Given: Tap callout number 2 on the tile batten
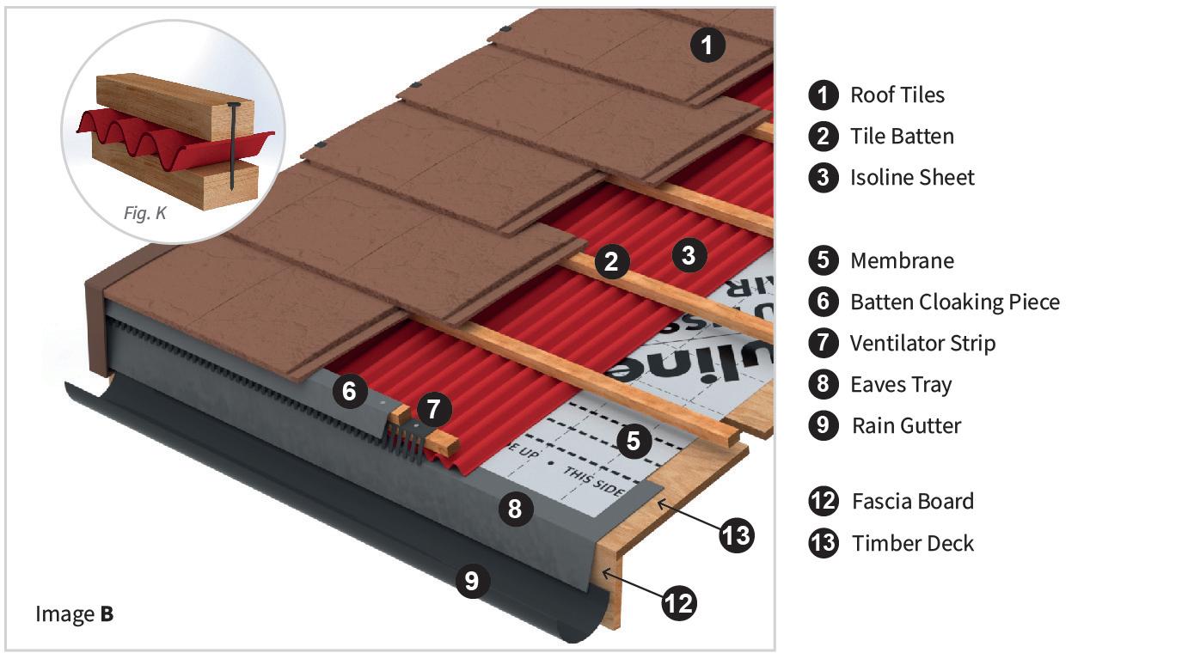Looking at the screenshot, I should click(611, 261).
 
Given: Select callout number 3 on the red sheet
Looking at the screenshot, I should click(689, 255).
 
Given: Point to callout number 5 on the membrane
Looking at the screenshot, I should click(634, 441).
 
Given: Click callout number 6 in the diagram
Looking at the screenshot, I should click(348, 392).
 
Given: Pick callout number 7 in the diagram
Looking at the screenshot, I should click(433, 409).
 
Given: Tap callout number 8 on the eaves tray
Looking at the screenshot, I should click(514, 509).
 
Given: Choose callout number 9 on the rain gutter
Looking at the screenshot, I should click(471, 581).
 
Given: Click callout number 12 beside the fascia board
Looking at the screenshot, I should click(679, 602).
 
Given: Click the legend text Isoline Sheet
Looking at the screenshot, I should click(912, 178).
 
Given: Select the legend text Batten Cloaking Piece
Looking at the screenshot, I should click(954, 302).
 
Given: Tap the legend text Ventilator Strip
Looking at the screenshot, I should click(922, 343).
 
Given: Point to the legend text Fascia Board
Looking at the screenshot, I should click(912, 501).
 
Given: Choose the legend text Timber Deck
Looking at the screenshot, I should click(912, 543).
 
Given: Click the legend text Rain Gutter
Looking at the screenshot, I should click(906, 425).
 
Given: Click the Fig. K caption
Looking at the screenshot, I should click(144, 213).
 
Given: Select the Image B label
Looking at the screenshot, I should click(74, 614).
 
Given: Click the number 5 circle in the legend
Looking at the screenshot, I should click(823, 259).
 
